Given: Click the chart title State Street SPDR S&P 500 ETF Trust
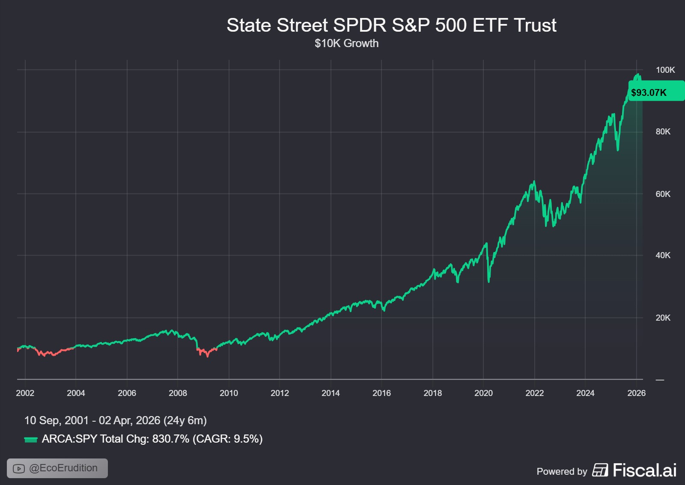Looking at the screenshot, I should coord(391,25).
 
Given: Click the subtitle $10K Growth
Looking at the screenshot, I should coord(346,43).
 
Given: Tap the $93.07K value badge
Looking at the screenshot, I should coord(649,92).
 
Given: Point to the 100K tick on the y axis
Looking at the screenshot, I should coord(665,70).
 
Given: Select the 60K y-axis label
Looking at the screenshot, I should coord(663,194).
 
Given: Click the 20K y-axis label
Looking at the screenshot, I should coord(663,318).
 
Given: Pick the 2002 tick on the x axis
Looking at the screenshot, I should coord(25,393).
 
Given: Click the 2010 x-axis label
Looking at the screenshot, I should coord(229,393).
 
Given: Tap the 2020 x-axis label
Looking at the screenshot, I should coord(483,393).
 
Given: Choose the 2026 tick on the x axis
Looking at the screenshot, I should coord(636,393).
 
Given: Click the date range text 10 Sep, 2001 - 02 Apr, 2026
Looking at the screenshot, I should coord(115,420).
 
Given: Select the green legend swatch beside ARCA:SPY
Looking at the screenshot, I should coord(31,440).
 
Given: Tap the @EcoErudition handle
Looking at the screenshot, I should coord(63,468).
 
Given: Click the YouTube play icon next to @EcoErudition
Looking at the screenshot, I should coord(19,468).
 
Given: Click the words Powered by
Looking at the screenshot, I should coord(562,471).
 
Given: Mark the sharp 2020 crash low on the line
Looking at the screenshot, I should coord(488,281).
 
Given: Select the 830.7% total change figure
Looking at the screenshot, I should coord(170,439).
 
